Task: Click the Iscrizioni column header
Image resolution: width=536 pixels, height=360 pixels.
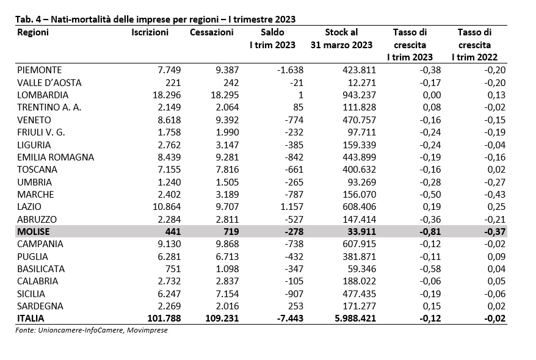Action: click(150, 32)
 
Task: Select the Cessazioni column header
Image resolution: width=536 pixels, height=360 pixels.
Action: click(212, 32)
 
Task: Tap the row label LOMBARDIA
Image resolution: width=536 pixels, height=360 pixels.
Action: click(43, 95)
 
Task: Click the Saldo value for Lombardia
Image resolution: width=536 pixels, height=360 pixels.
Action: click(300, 95)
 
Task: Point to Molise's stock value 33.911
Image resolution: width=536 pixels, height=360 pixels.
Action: click(359, 232)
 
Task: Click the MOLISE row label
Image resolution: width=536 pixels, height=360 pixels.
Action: click(34, 232)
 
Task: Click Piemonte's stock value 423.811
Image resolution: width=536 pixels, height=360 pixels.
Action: click(359, 70)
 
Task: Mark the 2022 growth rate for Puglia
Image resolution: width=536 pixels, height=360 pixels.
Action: click(496, 256)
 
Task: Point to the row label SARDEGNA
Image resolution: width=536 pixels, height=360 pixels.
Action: click(40, 306)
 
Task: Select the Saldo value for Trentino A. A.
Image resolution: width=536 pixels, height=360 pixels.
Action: click(298, 107)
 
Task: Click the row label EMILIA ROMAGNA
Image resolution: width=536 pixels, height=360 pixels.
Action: click(56, 157)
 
